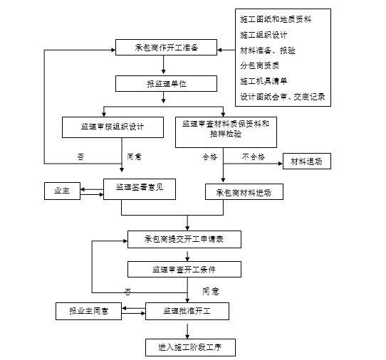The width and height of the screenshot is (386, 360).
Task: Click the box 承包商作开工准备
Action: [166, 49]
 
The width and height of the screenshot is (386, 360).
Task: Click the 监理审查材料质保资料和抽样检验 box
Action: [225, 128]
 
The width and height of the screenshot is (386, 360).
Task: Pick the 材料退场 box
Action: [306, 162]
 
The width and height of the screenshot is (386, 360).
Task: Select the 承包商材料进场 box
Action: [244, 192]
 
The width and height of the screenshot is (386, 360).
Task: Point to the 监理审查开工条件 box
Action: [184, 269]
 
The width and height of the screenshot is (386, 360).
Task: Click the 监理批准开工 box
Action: [186, 312]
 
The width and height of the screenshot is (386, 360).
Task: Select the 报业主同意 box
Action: [88, 312]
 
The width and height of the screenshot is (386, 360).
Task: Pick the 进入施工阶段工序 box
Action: [186, 347]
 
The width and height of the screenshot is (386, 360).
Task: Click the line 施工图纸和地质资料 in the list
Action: [275, 19]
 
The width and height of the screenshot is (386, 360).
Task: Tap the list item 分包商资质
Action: [261, 65]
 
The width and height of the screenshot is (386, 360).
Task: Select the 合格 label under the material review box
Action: [209, 156]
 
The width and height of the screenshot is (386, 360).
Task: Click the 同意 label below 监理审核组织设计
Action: [134, 157]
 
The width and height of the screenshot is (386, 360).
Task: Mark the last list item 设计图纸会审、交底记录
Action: [282, 97]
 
